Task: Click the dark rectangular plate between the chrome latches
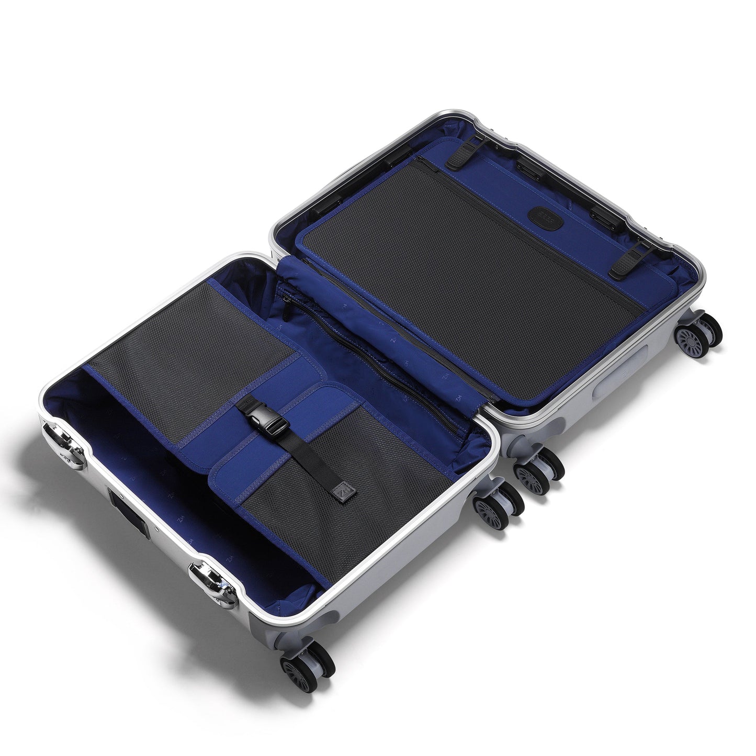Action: (x=123, y=507)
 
